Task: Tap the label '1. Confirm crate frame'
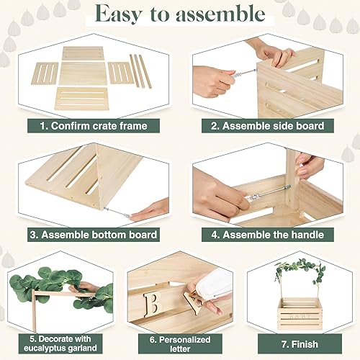(94, 125)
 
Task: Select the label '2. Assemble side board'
(266, 125)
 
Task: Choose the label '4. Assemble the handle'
(266, 234)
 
